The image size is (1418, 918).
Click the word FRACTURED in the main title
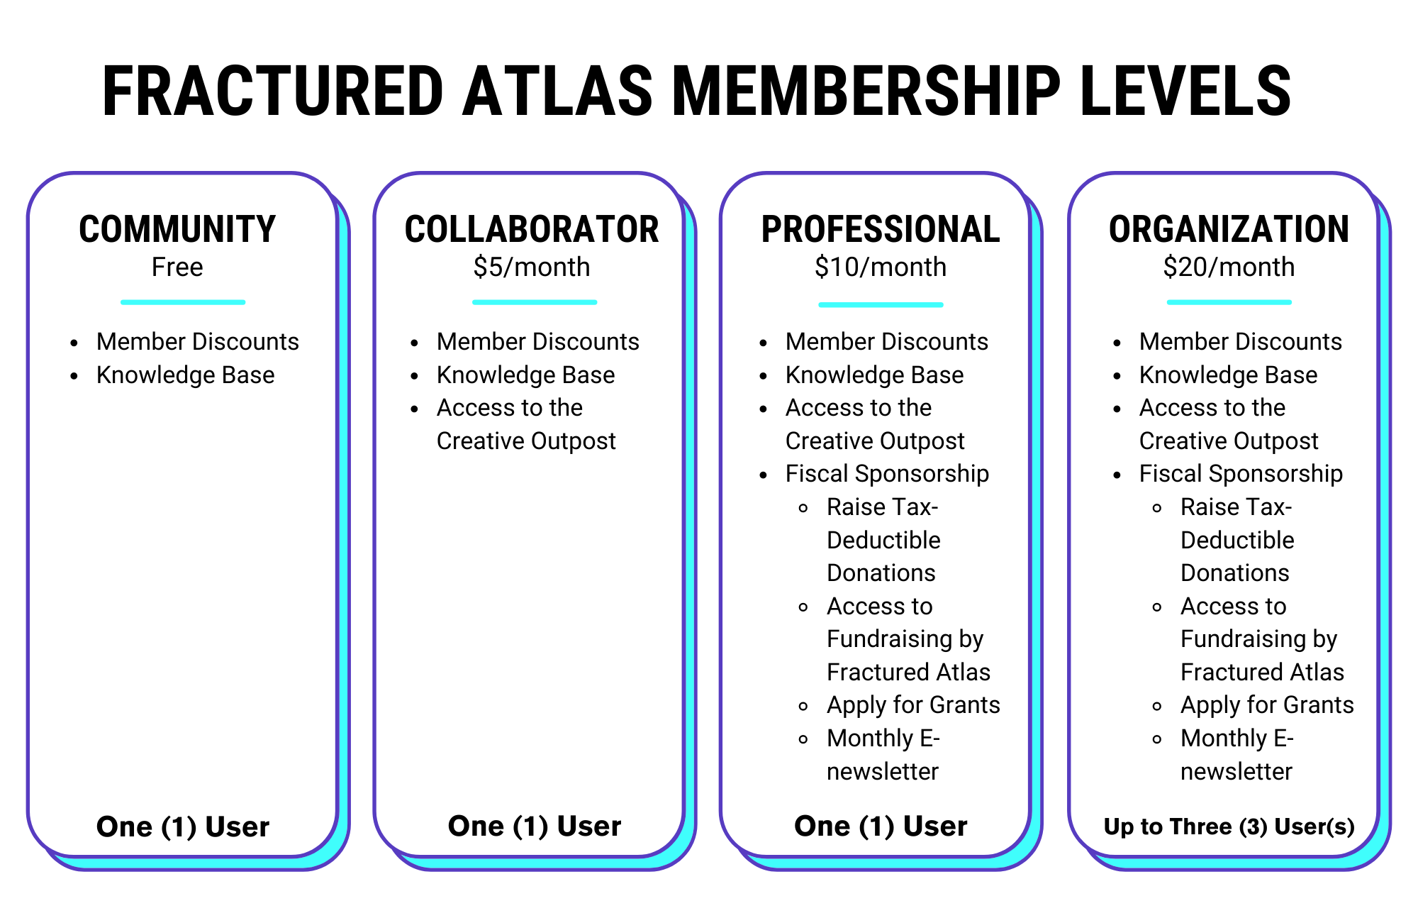pos(273,91)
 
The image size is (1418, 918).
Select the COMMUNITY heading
pos(177,229)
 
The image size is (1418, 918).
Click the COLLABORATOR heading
pos(532,229)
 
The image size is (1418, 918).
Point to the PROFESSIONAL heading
pos(881,229)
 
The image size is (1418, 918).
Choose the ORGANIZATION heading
pos(1229,229)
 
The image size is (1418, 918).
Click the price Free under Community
pos(177,267)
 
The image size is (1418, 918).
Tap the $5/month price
pos(532,267)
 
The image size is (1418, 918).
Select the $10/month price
pos(881,267)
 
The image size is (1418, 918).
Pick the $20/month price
pos(1229,267)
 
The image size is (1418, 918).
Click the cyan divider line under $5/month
pos(535,302)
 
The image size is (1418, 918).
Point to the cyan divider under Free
pos(183,302)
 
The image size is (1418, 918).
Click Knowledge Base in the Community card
pos(186,375)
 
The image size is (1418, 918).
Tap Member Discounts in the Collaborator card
pos(538,342)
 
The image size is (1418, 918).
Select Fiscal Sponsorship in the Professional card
pos(887,474)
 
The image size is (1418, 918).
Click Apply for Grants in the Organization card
pos(1267,705)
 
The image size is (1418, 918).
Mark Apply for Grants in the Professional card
pos(913,705)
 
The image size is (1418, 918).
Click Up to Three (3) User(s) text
pos(1229,826)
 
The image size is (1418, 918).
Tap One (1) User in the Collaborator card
pos(535,826)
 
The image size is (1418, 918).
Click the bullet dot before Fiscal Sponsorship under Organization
pos(1117,475)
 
